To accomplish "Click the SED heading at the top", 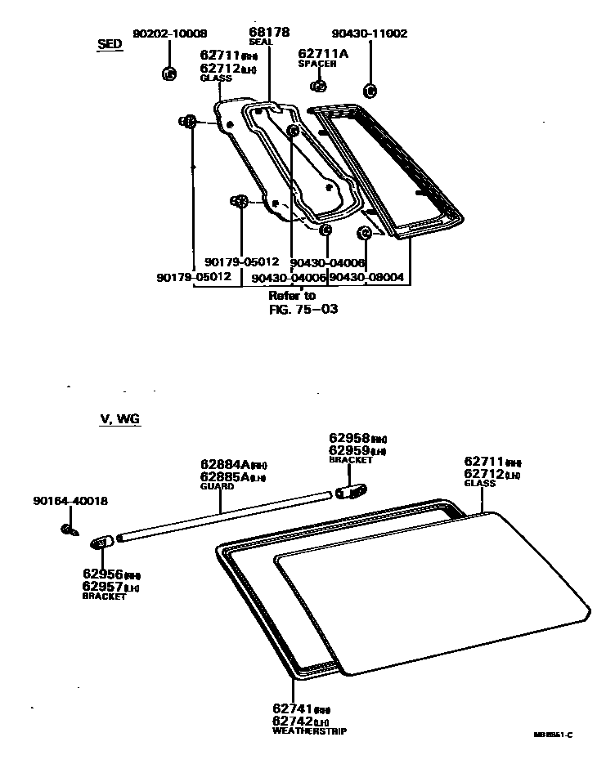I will coord(110,44).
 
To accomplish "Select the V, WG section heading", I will coord(119,418).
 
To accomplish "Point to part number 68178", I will coord(269,32).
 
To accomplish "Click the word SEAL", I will coord(261,42).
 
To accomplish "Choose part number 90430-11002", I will coord(370,34).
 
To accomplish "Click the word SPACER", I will coord(317,63).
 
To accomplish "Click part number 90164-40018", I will coord(70,500).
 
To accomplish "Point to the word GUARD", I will coord(217,486).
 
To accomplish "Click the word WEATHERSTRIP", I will coord(309,731).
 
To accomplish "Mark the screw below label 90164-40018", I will coord(70,531).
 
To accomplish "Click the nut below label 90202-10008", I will coord(169,74).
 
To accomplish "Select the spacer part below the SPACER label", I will coord(320,86).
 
